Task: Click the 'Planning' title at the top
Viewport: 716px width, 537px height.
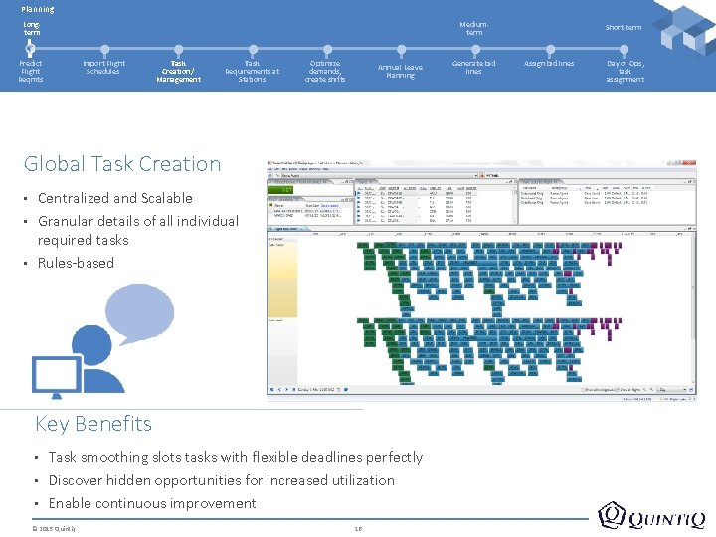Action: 38,9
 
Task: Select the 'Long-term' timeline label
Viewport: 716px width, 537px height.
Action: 32,28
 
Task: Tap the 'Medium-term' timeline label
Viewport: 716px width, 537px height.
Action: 473,28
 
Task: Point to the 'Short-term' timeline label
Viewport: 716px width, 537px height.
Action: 624,28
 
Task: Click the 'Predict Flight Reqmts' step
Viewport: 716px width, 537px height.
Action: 31,71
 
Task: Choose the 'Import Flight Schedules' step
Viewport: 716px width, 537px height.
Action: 103,67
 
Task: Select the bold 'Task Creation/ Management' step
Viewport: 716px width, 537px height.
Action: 178,71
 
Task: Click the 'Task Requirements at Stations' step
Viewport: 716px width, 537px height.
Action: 252,71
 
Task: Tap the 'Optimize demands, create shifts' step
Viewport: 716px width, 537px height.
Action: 325,71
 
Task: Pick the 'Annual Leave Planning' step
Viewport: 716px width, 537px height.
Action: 400,71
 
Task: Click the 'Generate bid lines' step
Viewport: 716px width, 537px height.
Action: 473,67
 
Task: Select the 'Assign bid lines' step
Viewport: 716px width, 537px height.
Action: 549,63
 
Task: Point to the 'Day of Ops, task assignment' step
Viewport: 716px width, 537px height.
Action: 625,71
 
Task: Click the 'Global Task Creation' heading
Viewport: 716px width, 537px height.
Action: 122,164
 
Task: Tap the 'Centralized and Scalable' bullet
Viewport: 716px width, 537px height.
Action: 115,198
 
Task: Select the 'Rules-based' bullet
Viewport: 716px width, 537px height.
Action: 76,263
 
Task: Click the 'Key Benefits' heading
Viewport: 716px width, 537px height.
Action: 93,424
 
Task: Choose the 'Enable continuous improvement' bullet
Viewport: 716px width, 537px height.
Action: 152,503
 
